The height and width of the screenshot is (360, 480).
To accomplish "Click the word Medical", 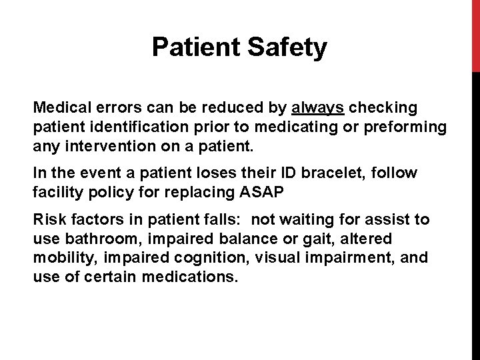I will pos(61,107).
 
